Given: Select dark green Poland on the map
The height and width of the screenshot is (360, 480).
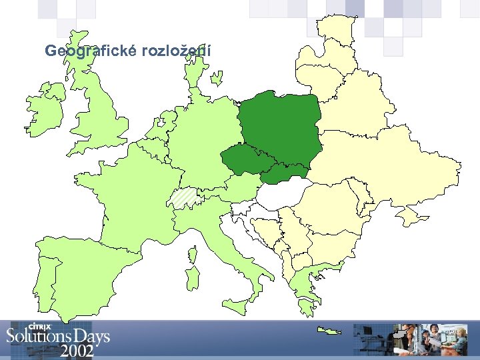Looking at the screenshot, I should [x=280, y=123].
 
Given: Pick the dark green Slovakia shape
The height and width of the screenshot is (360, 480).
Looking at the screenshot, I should [x=283, y=173].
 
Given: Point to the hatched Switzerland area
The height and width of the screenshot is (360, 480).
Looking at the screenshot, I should [x=183, y=198].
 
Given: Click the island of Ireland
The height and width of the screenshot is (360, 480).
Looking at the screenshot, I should [x=45, y=110].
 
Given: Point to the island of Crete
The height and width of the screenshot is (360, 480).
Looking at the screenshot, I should [x=329, y=330].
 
